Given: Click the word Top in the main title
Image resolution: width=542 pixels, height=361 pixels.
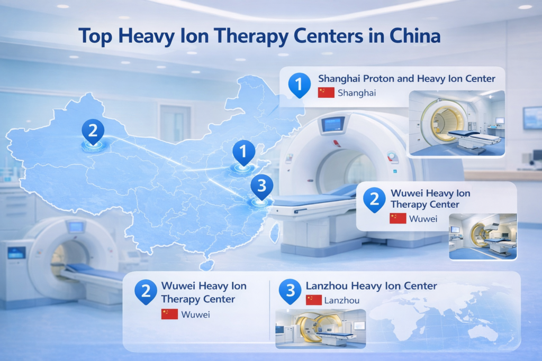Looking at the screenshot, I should [x=95, y=36].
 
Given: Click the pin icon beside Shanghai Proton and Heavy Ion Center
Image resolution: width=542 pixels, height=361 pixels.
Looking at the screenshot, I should [x=299, y=84].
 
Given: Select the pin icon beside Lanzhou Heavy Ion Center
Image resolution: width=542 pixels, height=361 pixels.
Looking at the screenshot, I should [x=290, y=291].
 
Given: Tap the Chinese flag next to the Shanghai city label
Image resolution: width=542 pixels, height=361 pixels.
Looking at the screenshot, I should [x=326, y=92].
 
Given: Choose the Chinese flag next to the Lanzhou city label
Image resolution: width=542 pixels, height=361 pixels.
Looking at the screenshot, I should [x=314, y=300].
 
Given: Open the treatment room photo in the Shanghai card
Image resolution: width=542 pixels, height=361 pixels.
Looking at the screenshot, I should [x=457, y=123].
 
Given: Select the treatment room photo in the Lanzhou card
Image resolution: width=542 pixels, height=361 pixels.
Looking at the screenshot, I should [x=321, y=328].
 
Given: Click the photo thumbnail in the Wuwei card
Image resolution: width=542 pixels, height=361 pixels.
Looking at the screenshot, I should [x=483, y=236].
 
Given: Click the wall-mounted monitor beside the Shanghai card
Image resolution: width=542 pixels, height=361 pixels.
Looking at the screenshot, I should [x=532, y=117].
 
